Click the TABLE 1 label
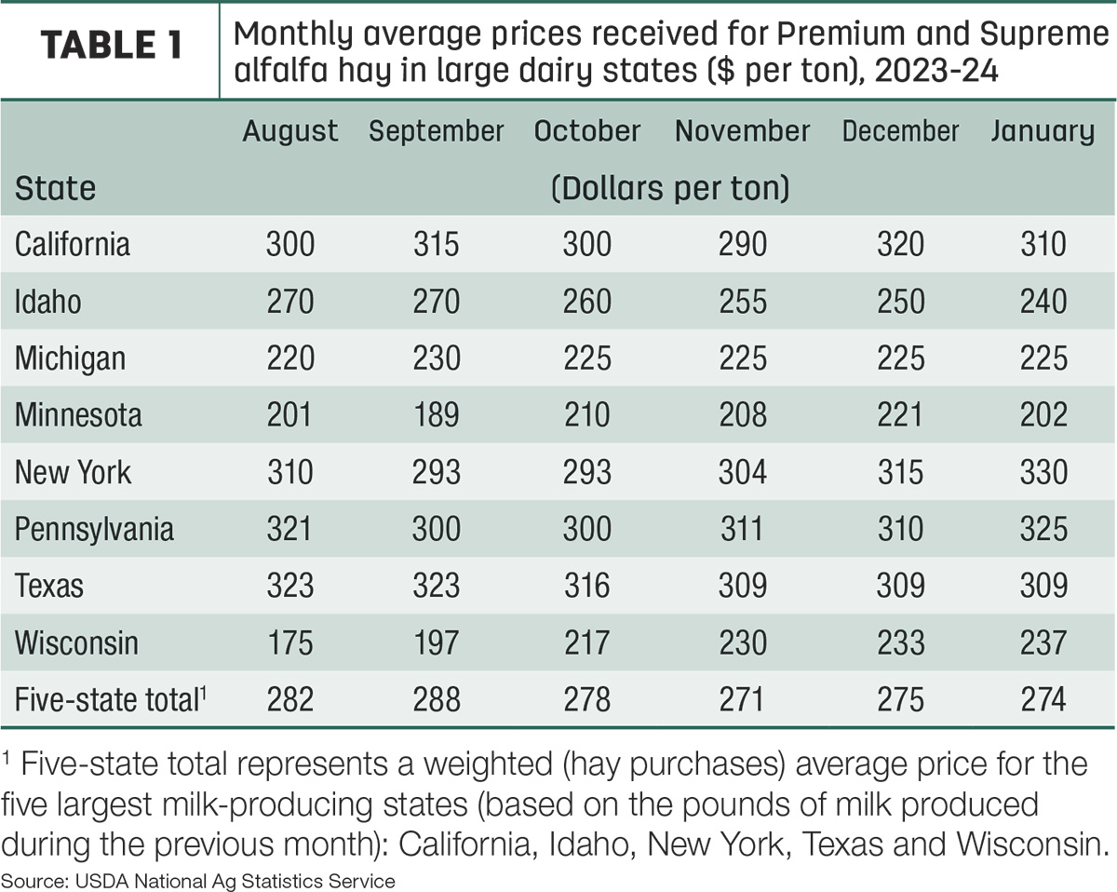pyautogui.click(x=111, y=45)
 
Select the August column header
pyautogui.click(x=290, y=132)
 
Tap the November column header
pyautogui.click(x=742, y=130)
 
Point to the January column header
pyautogui.click(x=1043, y=132)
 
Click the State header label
pyautogui.click(x=55, y=188)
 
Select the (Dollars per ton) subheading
pyautogui.click(x=670, y=188)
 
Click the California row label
pyautogui.click(x=73, y=244)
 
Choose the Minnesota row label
pyautogui.click(x=78, y=415)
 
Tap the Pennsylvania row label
pyautogui.click(x=94, y=530)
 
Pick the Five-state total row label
pyautogui.click(x=111, y=699)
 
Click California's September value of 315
pyautogui.click(x=436, y=244)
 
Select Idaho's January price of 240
pyautogui.click(x=1043, y=301)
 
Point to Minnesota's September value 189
pyautogui.click(x=436, y=415)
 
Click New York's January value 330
pyautogui.click(x=1043, y=472)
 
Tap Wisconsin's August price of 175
pyautogui.click(x=290, y=642)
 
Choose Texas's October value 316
pyautogui.click(x=587, y=586)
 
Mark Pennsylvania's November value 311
pyautogui.click(x=742, y=529)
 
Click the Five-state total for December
pyautogui.click(x=900, y=699)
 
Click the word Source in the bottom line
pyautogui.click(x=34, y=881)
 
